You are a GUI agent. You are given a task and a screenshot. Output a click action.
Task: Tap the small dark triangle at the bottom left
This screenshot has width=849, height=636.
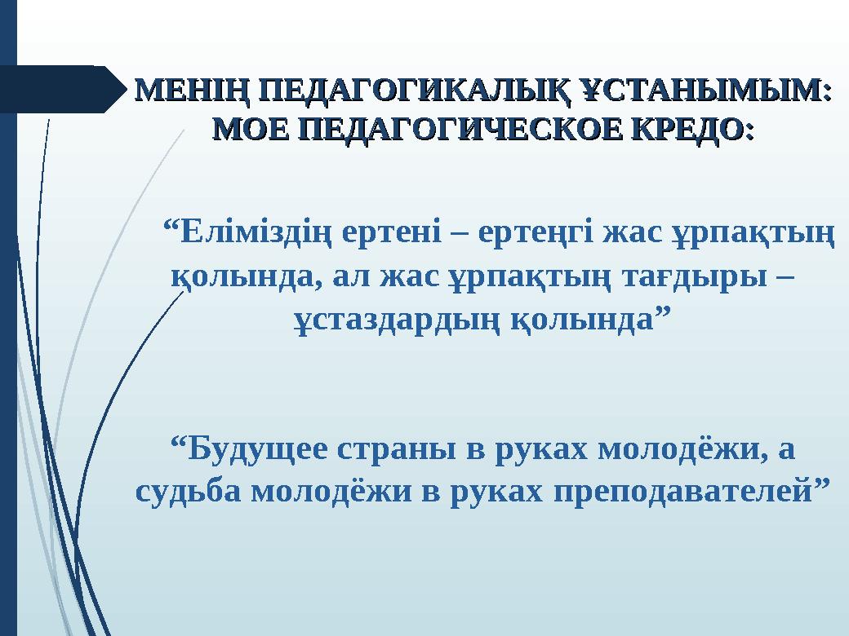[x=109, y=620]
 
